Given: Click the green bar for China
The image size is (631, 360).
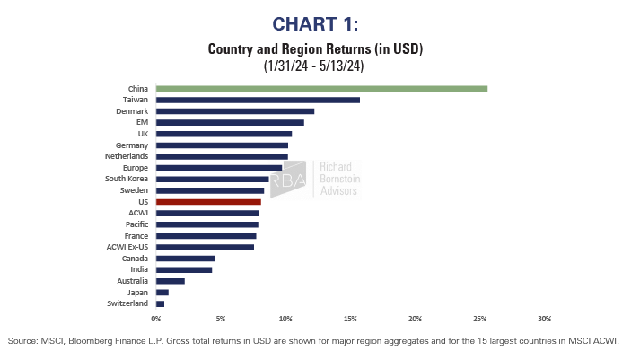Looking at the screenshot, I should [x=321, y=88].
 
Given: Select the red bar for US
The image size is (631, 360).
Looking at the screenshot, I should [x=208, y=202].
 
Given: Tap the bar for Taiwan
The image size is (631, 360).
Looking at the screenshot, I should [x=258, y=100].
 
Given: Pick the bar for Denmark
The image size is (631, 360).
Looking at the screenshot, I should [x=235, y=111].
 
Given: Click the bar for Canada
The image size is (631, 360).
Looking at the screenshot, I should [x=185, y=258].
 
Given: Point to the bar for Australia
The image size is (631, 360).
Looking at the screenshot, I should [x=171, y=281].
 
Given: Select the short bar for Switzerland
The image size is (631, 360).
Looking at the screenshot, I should [x=160, y=303].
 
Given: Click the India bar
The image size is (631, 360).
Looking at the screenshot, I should [x=184, y=269].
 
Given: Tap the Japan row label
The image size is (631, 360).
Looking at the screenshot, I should [x=137, y=292].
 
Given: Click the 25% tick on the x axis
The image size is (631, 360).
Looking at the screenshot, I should [x=479, y=319].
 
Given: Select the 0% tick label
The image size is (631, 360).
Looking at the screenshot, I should [x=156, y=319].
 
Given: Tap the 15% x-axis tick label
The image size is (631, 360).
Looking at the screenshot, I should [x=350, y=319].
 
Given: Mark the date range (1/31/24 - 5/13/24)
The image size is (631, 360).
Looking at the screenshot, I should [x=315, y=66].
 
